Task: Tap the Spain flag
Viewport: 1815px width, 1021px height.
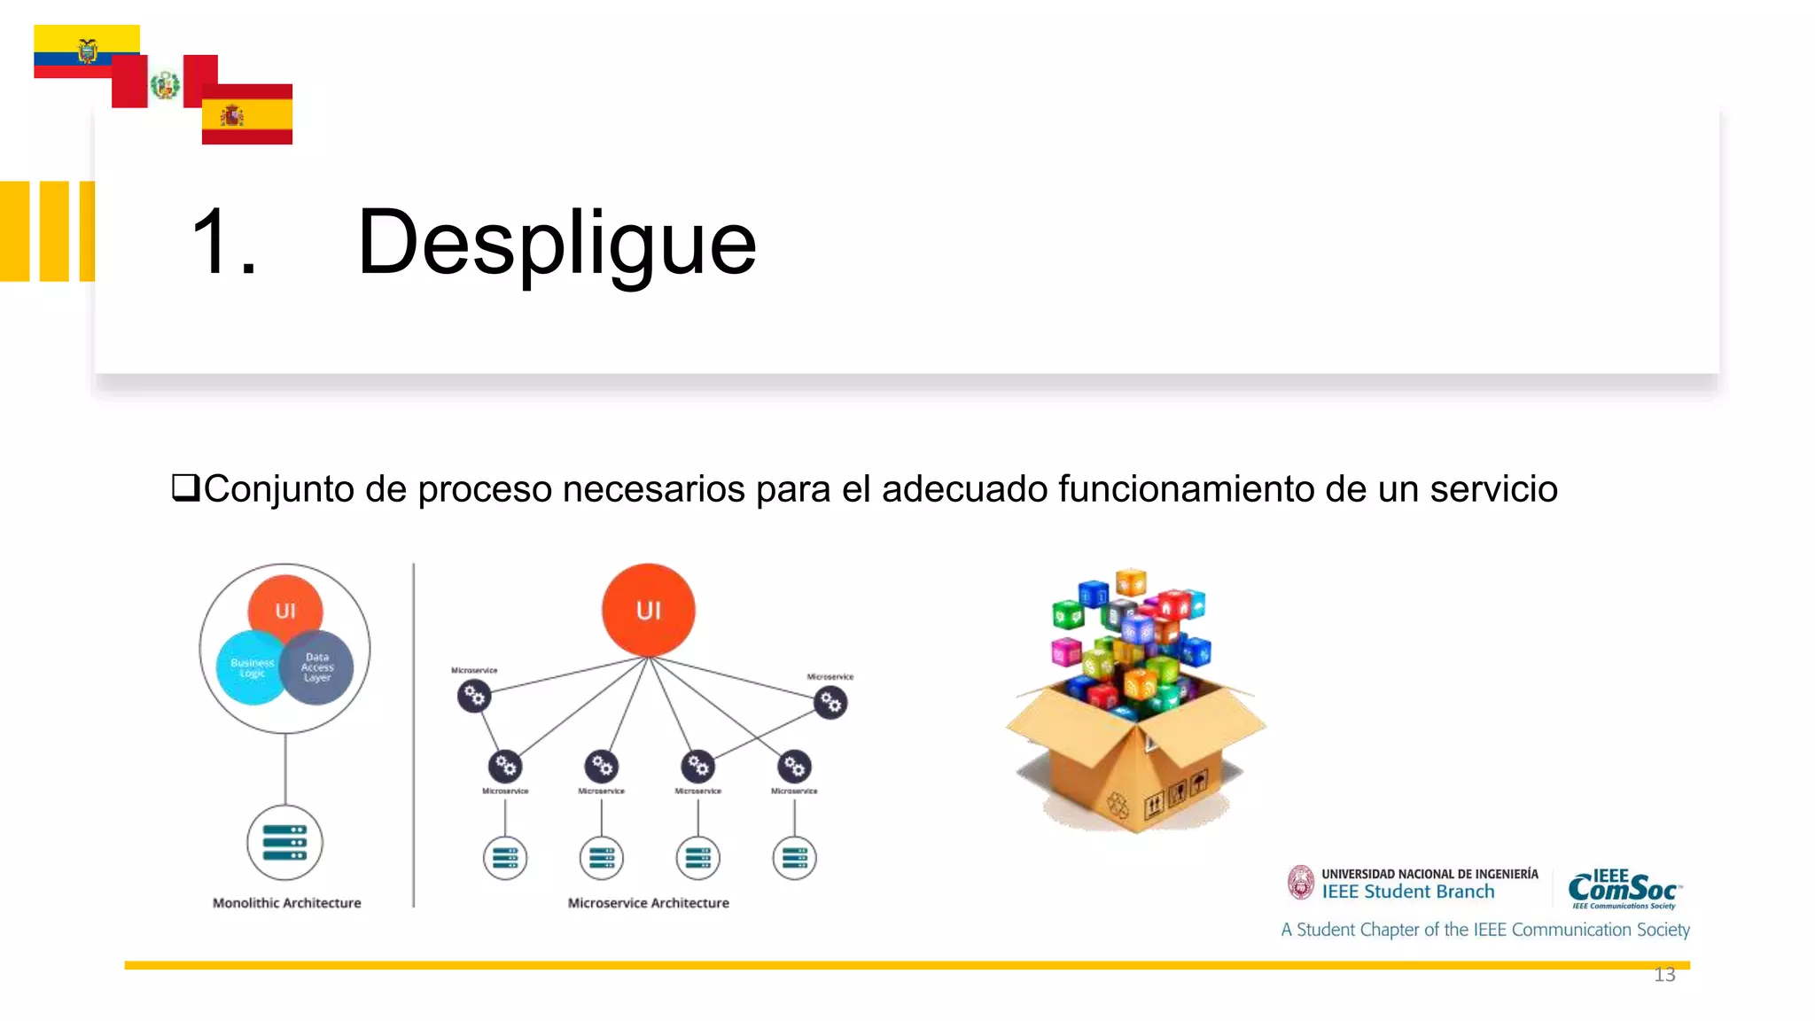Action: tap(247, 115)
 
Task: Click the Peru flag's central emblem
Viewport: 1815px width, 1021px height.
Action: tap(165, 85)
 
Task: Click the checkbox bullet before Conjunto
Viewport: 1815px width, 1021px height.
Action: tap(184, 487)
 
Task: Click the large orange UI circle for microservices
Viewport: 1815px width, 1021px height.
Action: tap(648, 610)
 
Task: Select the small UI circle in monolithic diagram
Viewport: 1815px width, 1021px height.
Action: tap(285, 610)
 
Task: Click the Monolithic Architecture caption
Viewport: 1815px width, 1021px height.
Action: tap(286, 903)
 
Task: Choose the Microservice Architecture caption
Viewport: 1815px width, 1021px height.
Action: tap(648, 903)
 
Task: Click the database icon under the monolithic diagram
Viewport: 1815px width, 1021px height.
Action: tap(284, 842)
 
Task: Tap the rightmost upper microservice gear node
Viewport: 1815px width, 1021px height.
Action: tap(830, 703)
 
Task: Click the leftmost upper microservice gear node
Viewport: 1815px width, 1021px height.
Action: tap(474, 697)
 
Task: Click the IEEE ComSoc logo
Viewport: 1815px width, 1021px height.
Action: tap(1624, 889)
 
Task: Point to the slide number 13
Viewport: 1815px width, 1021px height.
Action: tap(1664, 976)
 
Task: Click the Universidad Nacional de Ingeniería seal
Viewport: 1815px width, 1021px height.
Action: tap(1300, 883)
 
